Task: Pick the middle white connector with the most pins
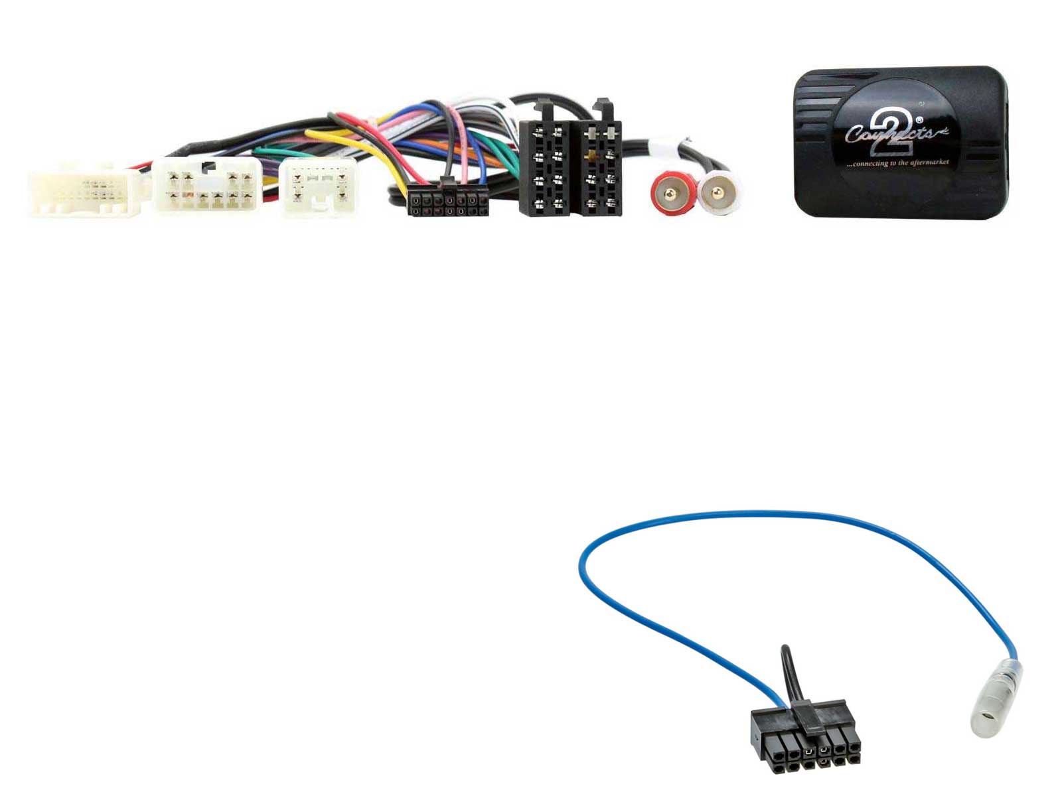click(208, 188)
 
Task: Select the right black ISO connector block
click(600, 168)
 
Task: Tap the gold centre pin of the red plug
click(673, 194)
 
